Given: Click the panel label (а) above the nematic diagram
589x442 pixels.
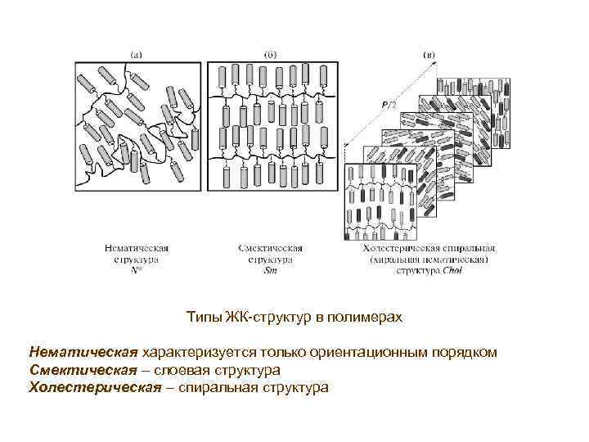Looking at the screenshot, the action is pyautogui.click(x=137, y=55).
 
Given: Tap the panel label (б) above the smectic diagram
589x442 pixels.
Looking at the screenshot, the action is pyautogui.click(x=270, y=55).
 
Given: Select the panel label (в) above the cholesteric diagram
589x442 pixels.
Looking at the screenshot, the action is pyautogui.click(x=429, y=55).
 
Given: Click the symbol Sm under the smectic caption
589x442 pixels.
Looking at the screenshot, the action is pyautogui.click(x=271, y=270).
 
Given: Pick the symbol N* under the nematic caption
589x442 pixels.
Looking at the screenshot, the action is pyautogui.click(x=137, y=270).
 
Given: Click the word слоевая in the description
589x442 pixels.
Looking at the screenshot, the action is pyautogui.click(x=177, y=370).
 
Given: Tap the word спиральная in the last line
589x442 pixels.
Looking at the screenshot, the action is pyautogui.click(x=216, y=387).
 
